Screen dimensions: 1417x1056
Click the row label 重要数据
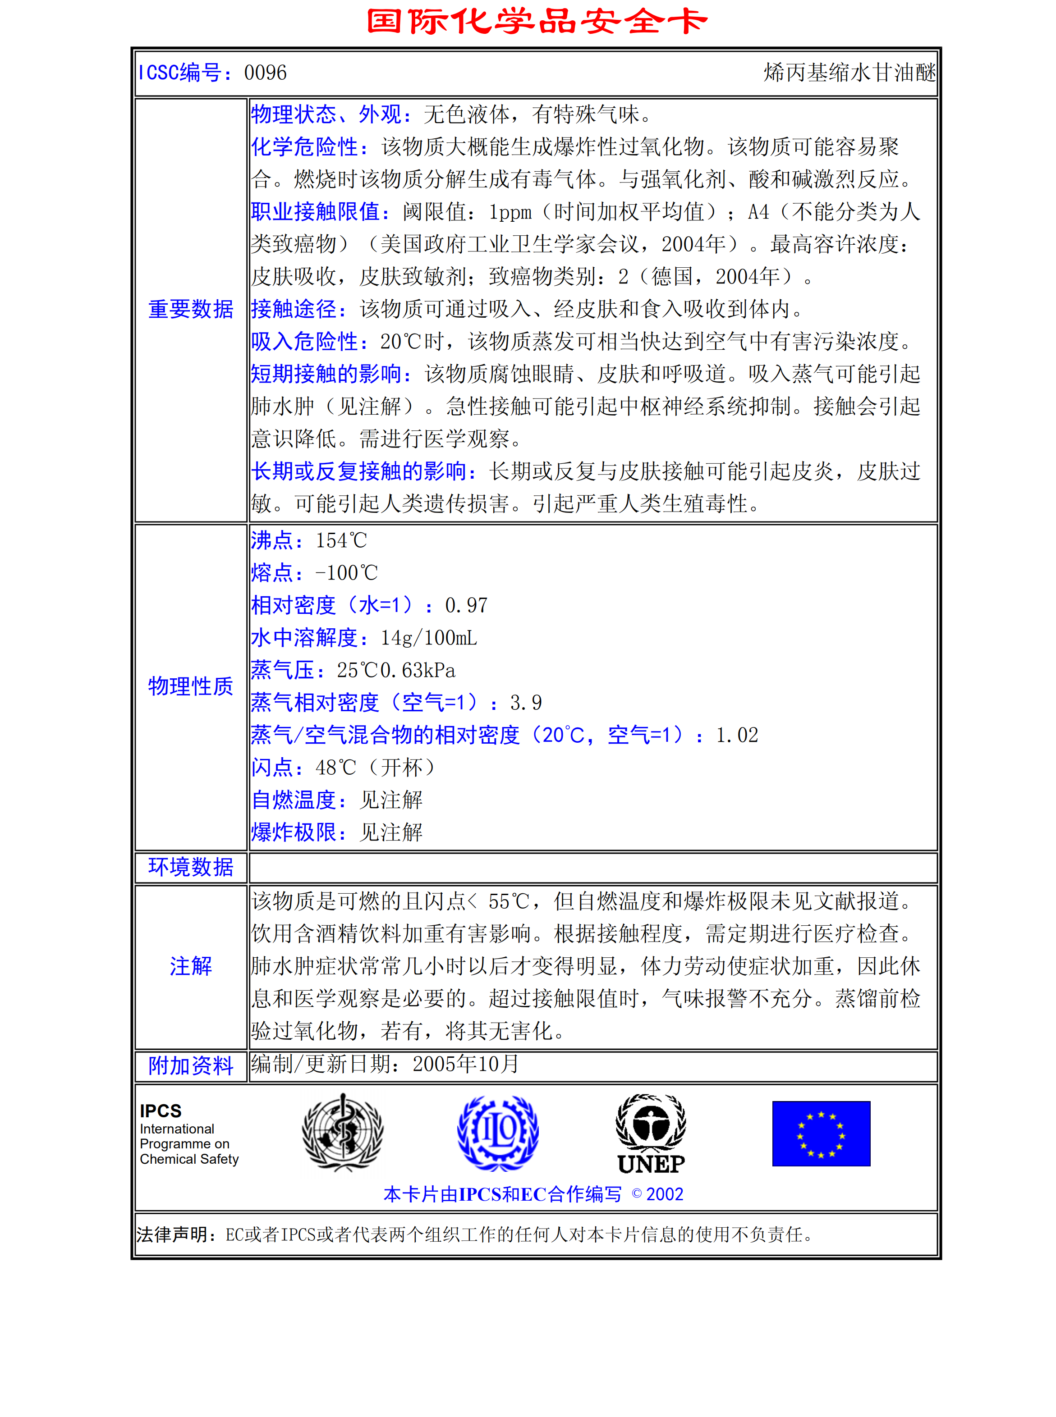(x=190, y=309)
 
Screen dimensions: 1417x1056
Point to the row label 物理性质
(x=190, y=686)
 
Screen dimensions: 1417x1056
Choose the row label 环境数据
(x=190, y=867)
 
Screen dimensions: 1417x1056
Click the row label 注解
(x=190, y=966)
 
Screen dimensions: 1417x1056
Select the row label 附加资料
(x=190, y=1065)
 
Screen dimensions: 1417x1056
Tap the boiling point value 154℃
(x=341, y=540)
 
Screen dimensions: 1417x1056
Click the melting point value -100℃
(x=346, y=573)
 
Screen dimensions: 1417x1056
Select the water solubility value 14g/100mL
(x=429, y=638)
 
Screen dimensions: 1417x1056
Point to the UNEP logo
(x=651, y=1134)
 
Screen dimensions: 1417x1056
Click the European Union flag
(x=821, y=1134)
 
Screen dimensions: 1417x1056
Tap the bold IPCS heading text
(x=161, y=1111)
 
